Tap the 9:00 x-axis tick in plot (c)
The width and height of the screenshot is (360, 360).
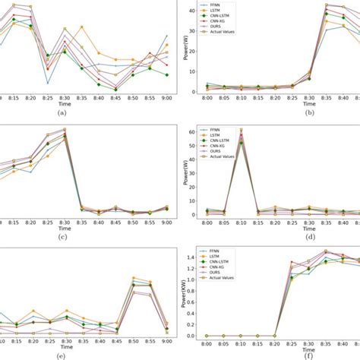[x=166, y=221]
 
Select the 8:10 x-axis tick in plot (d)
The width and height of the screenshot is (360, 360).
[x=242, y=221]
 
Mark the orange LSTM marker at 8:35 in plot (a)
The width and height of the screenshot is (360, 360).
[x=82, y=27]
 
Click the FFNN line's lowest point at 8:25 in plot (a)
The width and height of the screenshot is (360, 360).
[x=47, y=83]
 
